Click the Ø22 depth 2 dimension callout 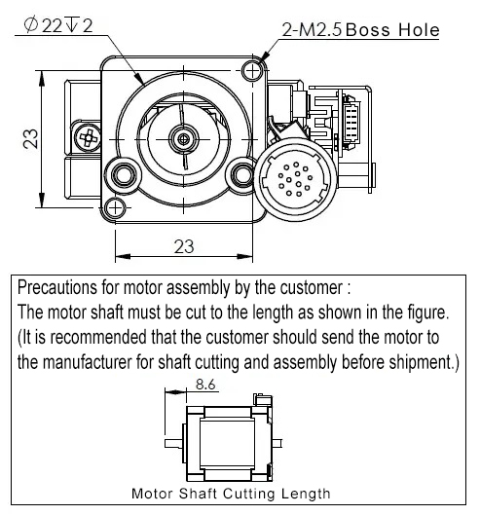[x=58, y=25]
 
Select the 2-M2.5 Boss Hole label [x=361, y=30]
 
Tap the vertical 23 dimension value [x=30, y=139]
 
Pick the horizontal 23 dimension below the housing [x=184, y=246]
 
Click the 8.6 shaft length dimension [x=205, y=384]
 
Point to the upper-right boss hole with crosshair [x=252, y=71]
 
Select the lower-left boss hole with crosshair [x=115, y=207]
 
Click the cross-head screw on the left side [x=88, y=138]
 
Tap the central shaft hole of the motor [x=184, y=139]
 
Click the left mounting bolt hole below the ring [x=124, y=175]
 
